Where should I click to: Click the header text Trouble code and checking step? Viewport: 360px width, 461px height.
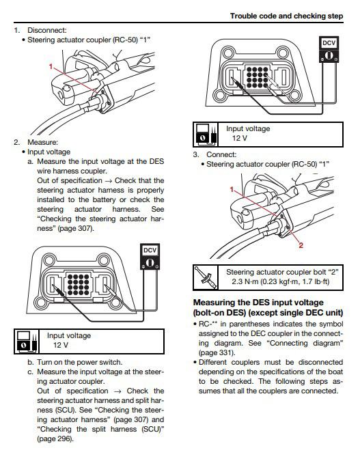tap(286, 16)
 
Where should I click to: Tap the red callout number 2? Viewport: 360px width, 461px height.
tap(301, 245)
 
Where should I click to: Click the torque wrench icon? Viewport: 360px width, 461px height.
tap(206, 277)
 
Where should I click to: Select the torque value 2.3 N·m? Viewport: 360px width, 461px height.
tap(245, 281)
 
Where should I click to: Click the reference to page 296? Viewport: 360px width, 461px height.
tap(55, 438)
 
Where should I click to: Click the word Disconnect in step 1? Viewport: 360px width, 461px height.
tap(46, 30)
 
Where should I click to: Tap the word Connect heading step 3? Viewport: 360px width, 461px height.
tap(221, 154)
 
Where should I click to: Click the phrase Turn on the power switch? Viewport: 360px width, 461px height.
tap(79, 362)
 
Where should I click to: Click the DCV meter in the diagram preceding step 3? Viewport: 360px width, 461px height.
tap(329, 49)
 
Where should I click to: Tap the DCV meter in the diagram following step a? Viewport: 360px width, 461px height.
tap(150, 257)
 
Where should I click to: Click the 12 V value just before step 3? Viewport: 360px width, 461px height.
tap(239, 138)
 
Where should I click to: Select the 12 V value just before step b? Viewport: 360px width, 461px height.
tap(61, 345)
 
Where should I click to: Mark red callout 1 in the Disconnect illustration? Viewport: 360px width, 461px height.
tap(51, 67)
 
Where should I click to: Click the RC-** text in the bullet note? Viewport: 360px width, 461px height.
tap(208, 324)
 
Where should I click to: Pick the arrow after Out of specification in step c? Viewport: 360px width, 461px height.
tap(117, 391)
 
